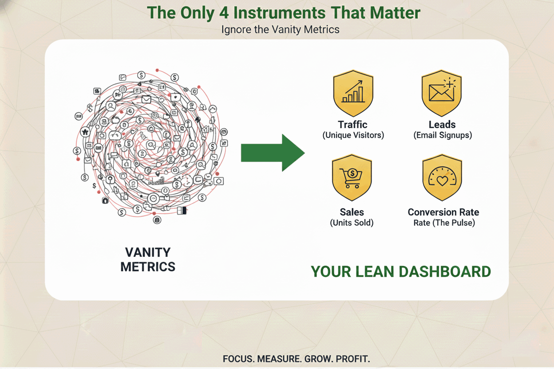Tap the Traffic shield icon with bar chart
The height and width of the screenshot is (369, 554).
click(x=353, y=93)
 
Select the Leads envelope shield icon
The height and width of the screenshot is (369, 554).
click(x=442, y=93)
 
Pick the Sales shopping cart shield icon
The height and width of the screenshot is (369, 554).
click(x=352, y=177)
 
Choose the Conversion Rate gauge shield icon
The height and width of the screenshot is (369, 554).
click(x=442, y=177)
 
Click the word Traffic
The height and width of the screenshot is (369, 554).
click(x=352, y=125)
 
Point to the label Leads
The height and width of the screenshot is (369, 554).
click(x=442, y=125)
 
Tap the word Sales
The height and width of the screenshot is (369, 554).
click(x=352, y=212)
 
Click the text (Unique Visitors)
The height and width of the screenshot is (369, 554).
click(x=353, y=135)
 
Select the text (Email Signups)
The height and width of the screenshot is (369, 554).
click(x=443, y=135)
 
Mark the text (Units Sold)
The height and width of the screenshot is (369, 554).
click(x=352, y=223)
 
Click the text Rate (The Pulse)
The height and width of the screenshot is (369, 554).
click(x=444, y=223)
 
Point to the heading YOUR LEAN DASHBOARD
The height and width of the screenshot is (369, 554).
click(x=400, y=271)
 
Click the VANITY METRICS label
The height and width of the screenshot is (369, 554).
click(x=148, y=259)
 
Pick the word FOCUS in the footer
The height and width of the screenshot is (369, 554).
click(x=239, y=358)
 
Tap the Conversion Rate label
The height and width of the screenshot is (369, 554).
click(x=443, y=212)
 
